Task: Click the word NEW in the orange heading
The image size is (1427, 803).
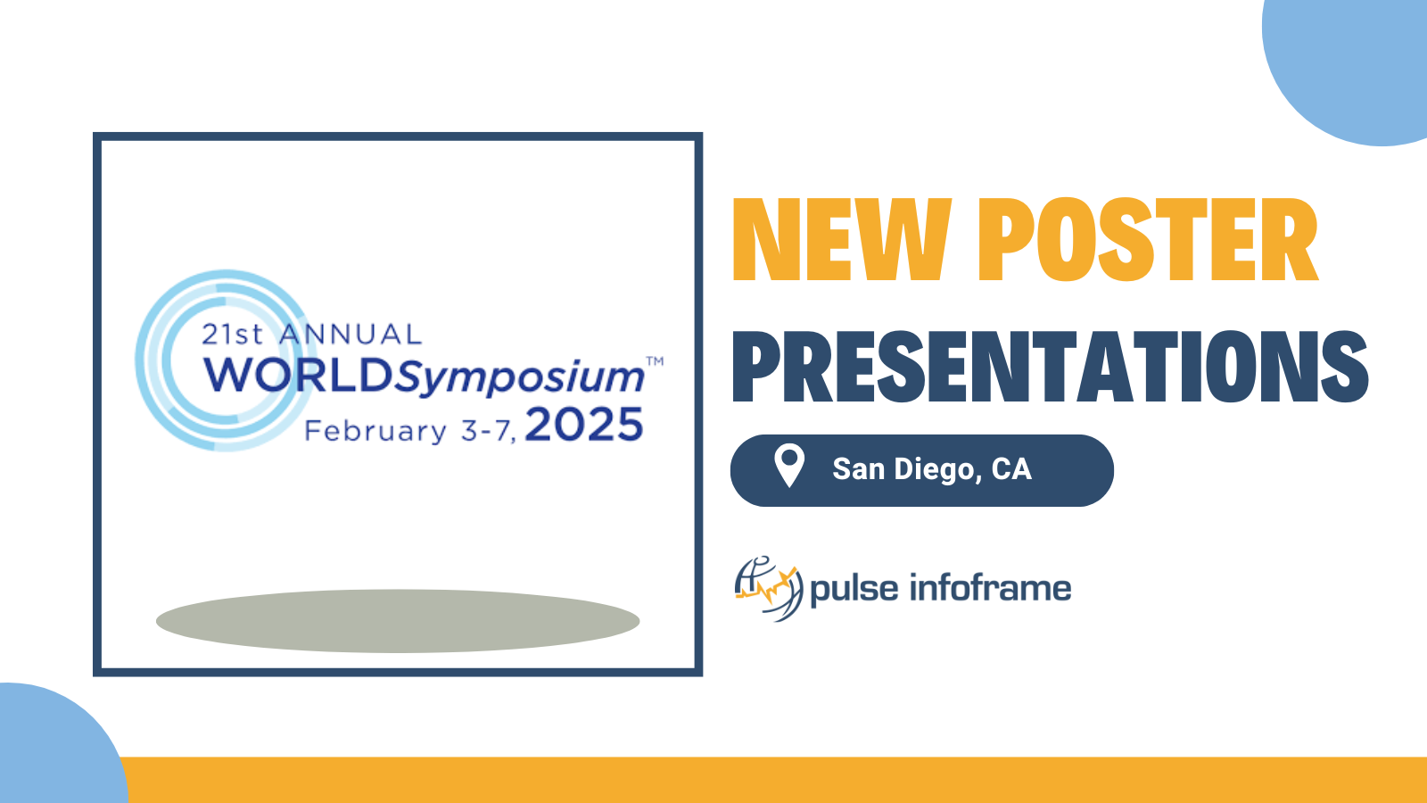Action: point(842,240)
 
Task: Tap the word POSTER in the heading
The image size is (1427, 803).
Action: point(1148,240)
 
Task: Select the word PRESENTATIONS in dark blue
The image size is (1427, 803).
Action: point(1050,367)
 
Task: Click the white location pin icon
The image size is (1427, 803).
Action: point(789,466)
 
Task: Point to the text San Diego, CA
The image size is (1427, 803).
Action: point(932,469)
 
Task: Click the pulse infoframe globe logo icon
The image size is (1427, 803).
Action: point(769,588)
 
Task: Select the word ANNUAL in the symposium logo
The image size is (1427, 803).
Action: point(351,335)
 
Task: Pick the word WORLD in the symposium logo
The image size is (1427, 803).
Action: point(298,376)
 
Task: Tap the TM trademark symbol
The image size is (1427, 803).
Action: point(655,361)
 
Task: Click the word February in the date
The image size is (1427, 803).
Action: point(375,432)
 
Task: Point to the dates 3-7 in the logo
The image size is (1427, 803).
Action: point(488,432)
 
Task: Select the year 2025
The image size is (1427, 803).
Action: point(584,425)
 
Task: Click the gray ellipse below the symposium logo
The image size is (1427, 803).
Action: point(398,621)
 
